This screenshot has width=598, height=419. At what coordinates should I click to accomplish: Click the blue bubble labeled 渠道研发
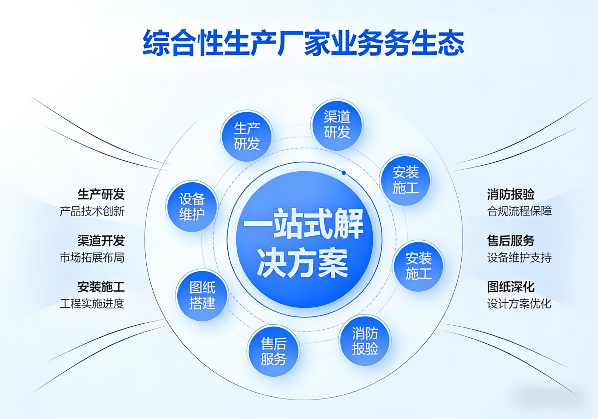[337, 125]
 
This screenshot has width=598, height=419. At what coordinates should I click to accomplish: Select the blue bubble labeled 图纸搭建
[202, 295]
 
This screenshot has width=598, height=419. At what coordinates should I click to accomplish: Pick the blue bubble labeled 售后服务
[273, 351]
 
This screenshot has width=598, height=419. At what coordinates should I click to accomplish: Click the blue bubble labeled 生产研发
[246, 136]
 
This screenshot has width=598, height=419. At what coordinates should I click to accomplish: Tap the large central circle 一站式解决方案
[305, 239]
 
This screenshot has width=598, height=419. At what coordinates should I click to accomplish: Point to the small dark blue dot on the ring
[344, 173]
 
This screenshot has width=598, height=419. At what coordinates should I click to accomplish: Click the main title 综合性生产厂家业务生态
[304, 43]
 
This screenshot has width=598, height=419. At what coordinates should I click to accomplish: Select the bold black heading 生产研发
[101, 194]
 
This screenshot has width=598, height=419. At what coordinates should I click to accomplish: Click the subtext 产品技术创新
[92, 211]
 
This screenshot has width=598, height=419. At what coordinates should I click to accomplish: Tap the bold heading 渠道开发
[101, 241]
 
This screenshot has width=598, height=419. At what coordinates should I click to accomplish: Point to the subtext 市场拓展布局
[92, 257]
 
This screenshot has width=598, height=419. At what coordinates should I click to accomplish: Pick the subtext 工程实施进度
[92, 304]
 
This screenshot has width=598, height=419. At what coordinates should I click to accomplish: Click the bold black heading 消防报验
[511, 194]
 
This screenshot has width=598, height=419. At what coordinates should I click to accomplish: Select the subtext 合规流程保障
[519, 211]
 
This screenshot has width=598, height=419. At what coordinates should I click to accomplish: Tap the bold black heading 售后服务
[511, 241]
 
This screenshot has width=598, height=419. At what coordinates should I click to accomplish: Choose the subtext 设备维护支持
[519, 257]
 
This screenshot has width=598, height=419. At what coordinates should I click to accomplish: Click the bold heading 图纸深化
[511, 287]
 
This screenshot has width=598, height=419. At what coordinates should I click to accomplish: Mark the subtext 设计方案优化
[519, 304]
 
